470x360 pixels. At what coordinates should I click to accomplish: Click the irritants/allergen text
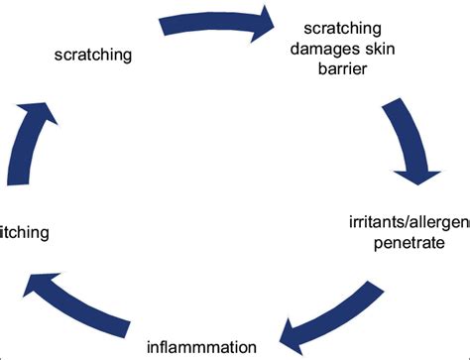408,220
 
